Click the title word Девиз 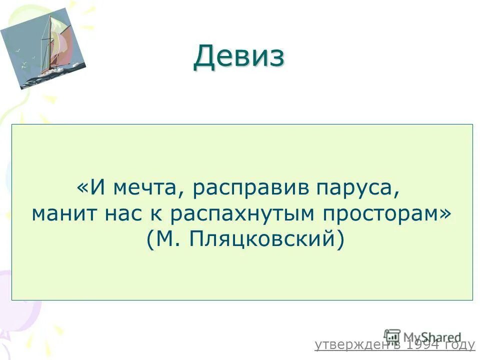click(239, 56)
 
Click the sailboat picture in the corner click(43, 48)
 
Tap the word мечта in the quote click(144, 189)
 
